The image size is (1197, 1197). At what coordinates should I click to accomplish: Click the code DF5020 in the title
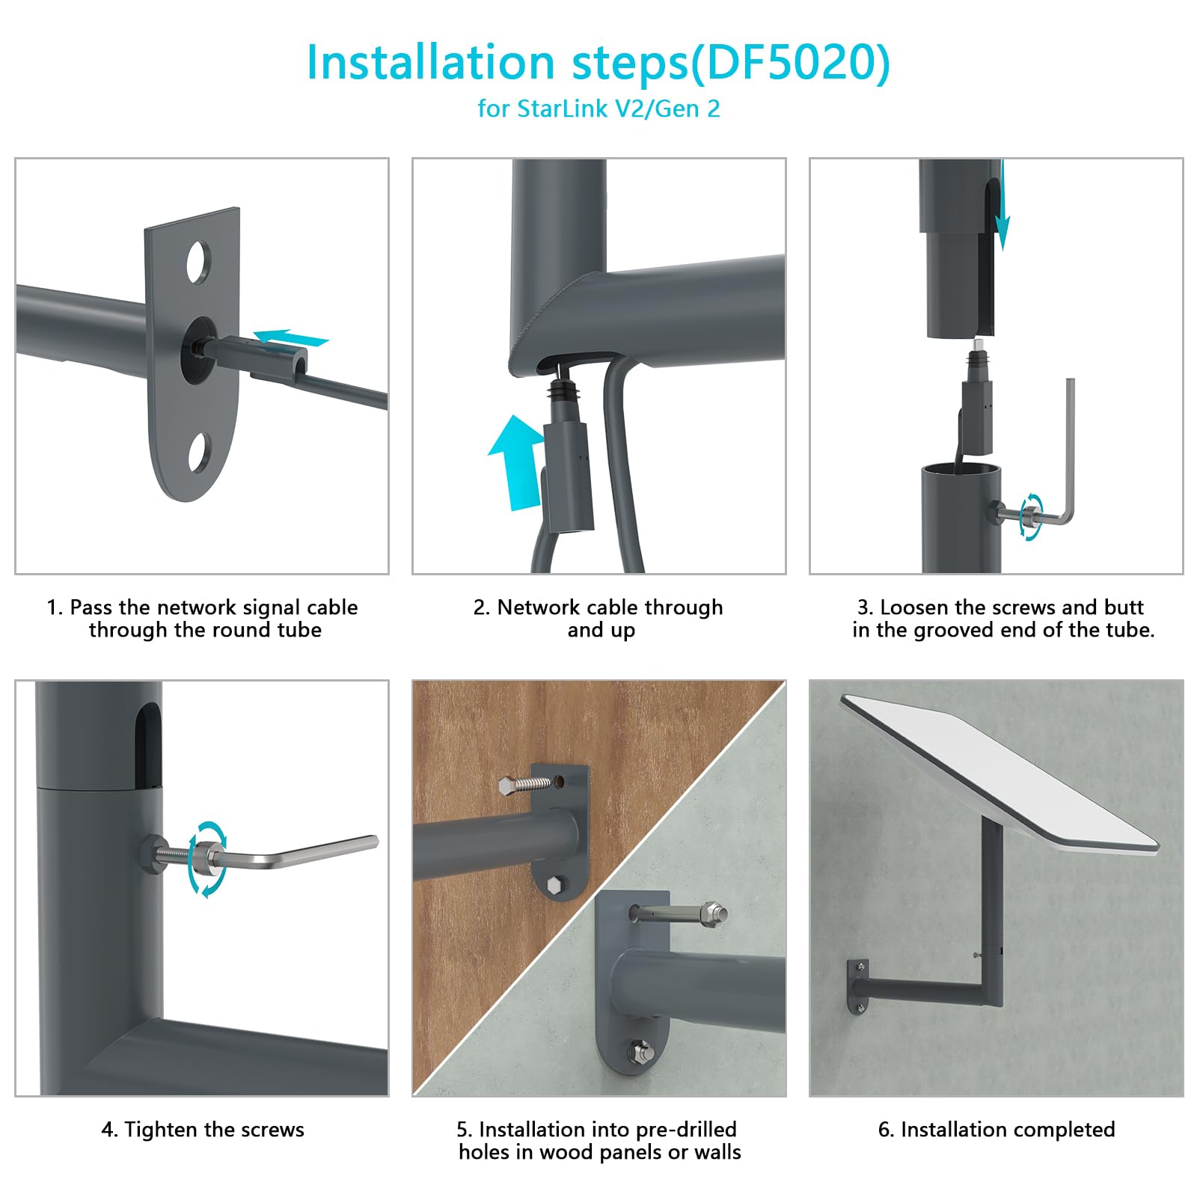pyautogui.click(x=789, y=62)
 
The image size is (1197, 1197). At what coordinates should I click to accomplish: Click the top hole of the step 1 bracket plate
pyautogui.click(x=198, y=262)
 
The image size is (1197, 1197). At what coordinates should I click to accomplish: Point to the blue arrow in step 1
pyautogui.click(x=291, y=339)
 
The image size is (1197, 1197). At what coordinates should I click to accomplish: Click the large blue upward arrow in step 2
pyautogui.click(x=518, y=462)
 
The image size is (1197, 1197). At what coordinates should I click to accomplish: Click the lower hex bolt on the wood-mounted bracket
pyautogui.click(x=554, y=885)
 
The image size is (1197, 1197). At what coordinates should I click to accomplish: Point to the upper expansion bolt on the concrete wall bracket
pyautogui.click(x=679, y=913)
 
